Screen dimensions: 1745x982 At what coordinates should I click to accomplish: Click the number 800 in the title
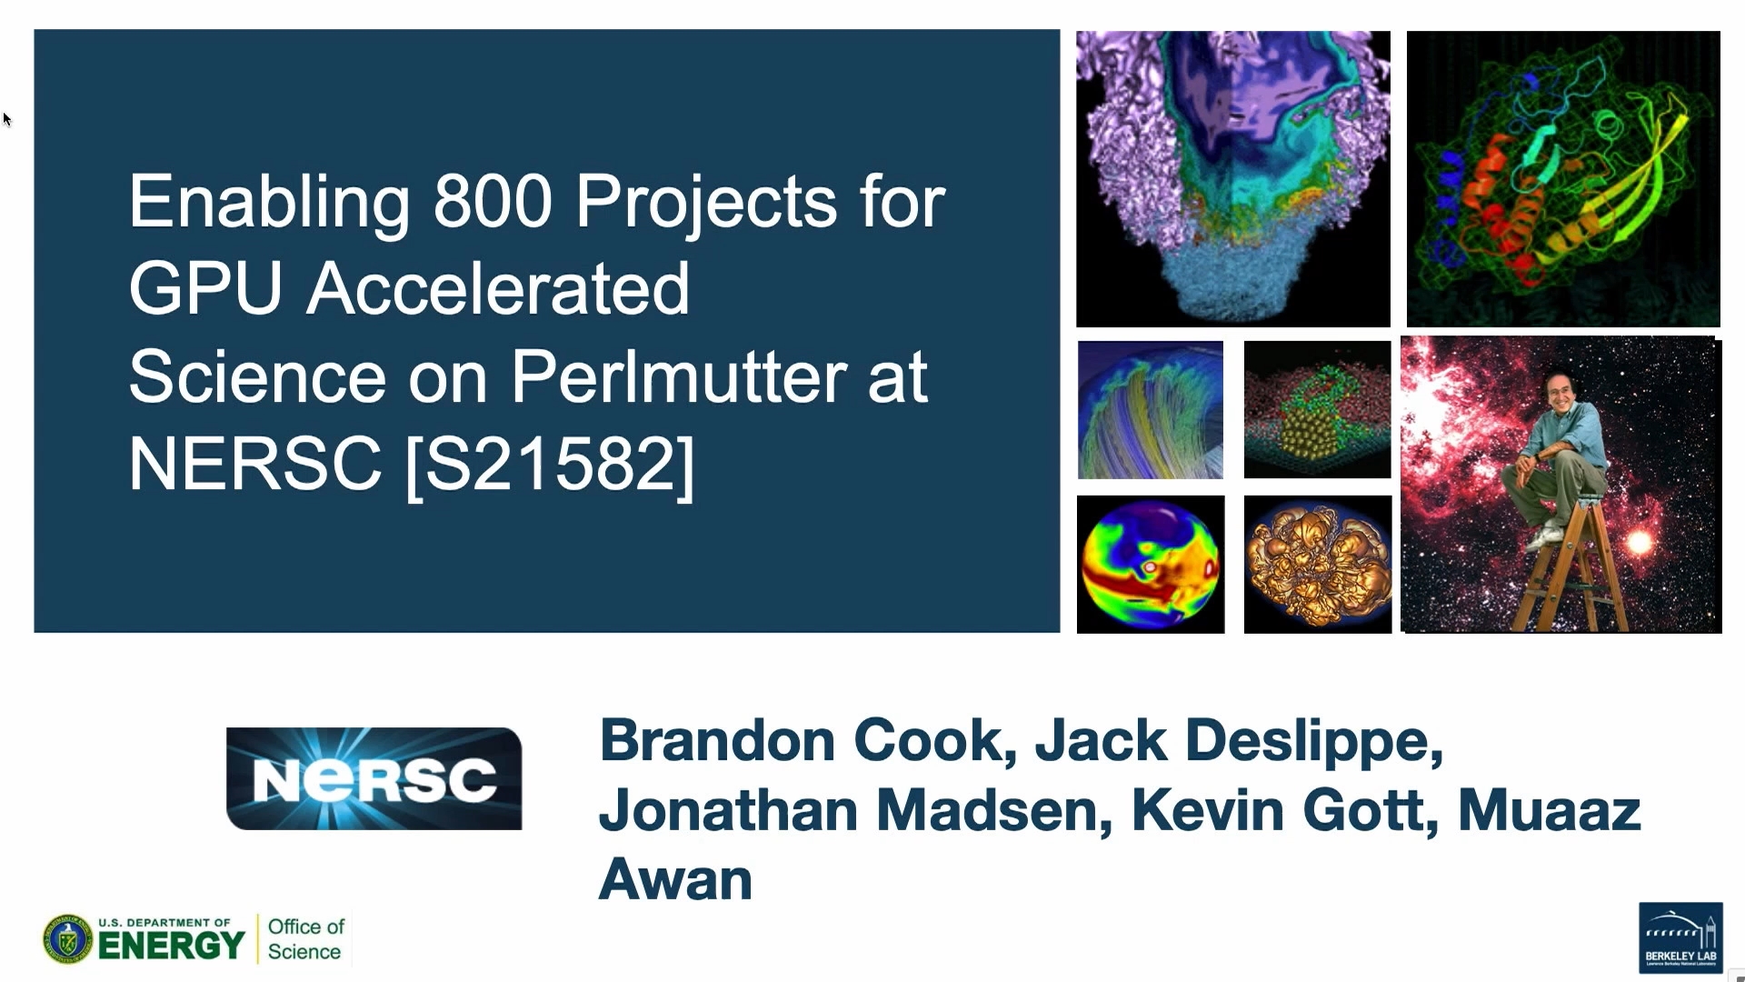click(x=493, y=202)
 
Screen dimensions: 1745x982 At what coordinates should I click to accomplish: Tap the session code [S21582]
click(x=551, y=465)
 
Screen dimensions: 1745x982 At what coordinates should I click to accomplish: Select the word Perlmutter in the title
click(x=678, y=376)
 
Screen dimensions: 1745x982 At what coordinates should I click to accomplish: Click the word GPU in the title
click(x=205, y=289)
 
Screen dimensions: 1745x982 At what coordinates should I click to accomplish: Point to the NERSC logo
click(x=374, y=778)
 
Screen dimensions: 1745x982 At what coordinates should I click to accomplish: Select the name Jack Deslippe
click(x=1239, y=740)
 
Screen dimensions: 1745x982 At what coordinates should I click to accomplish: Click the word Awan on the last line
click(x=676, y=879)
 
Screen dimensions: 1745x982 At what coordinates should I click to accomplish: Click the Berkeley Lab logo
click(x=1680, y=937)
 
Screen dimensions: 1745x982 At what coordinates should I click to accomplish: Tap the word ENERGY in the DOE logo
click(x=171, y=947)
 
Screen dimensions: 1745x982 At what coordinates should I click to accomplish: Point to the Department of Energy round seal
click(x=67, y=939)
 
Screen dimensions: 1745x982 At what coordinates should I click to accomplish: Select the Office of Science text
click(x=306, y=939)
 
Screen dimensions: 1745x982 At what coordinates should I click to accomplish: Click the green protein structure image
click(x=1563, y=179)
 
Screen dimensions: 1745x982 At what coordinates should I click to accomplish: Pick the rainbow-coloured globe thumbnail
click(x=1151, y=565)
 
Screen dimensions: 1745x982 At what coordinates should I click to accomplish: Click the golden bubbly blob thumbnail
click(x=1318, y=565)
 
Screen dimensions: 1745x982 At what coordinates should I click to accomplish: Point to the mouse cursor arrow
click(x=7, y=119)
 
